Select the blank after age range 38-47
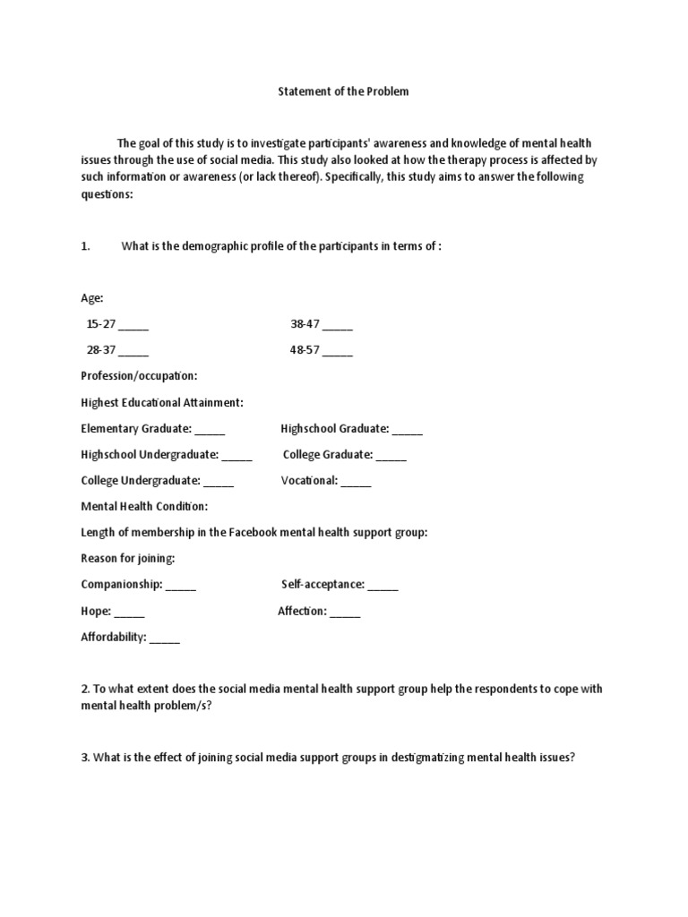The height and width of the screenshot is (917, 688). [337, 326]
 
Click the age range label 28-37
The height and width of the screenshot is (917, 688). [100, 351]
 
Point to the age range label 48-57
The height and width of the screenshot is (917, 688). [305, 351]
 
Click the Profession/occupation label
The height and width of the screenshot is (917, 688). [139, 376]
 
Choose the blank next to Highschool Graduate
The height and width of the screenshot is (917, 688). [407, 429]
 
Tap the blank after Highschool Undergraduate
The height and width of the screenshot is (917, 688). [236, 455]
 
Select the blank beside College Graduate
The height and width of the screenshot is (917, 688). [391, 455]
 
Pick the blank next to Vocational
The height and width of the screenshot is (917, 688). [356, 481]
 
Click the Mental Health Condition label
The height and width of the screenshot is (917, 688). [144, 506]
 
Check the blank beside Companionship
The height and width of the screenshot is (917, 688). [181, 585]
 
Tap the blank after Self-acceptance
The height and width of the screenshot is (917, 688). [383, 585]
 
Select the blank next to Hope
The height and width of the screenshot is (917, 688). [129, 612]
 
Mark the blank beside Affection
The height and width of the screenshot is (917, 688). [345, 612]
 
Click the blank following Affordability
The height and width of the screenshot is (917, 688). [165, 638]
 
